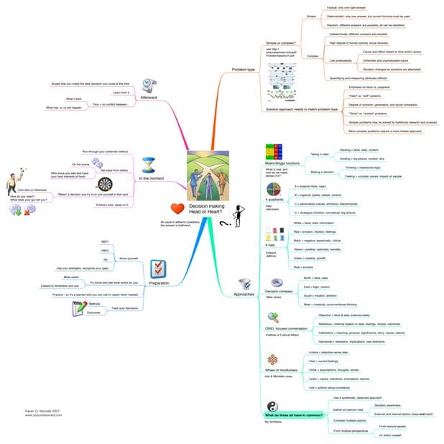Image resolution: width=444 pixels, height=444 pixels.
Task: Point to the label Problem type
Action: [244, 70]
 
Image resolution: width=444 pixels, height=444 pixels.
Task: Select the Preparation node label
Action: [159, 283]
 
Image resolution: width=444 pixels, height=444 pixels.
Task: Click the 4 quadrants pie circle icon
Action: [272, 202]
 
